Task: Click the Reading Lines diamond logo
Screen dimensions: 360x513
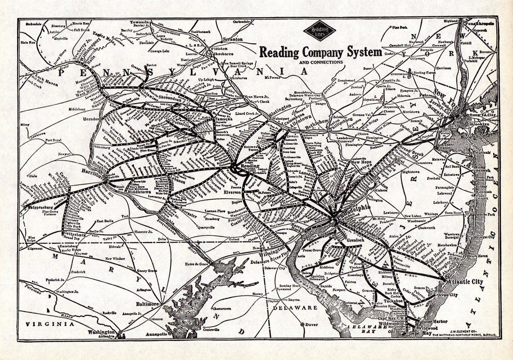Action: click(x=319, y=31)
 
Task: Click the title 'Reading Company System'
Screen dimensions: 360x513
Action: click(x=320, y=52)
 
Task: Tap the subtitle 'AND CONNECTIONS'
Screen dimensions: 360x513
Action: click(x=321, y=62)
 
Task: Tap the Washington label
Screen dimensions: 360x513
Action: click(x=102, y=333)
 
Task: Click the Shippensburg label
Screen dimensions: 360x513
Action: click(x=38, y=208)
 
